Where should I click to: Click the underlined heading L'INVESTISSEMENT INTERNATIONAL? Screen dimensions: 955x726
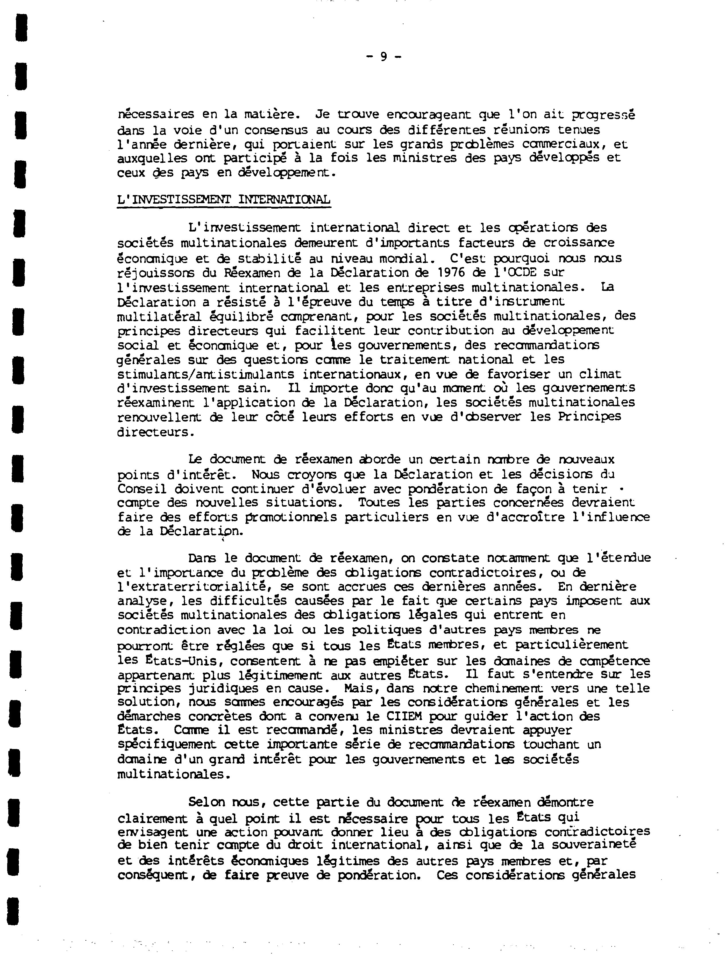pyautogui.click(x=224, y=200)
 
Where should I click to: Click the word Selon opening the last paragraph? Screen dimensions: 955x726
pyautogui.click(x=207, y=802)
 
